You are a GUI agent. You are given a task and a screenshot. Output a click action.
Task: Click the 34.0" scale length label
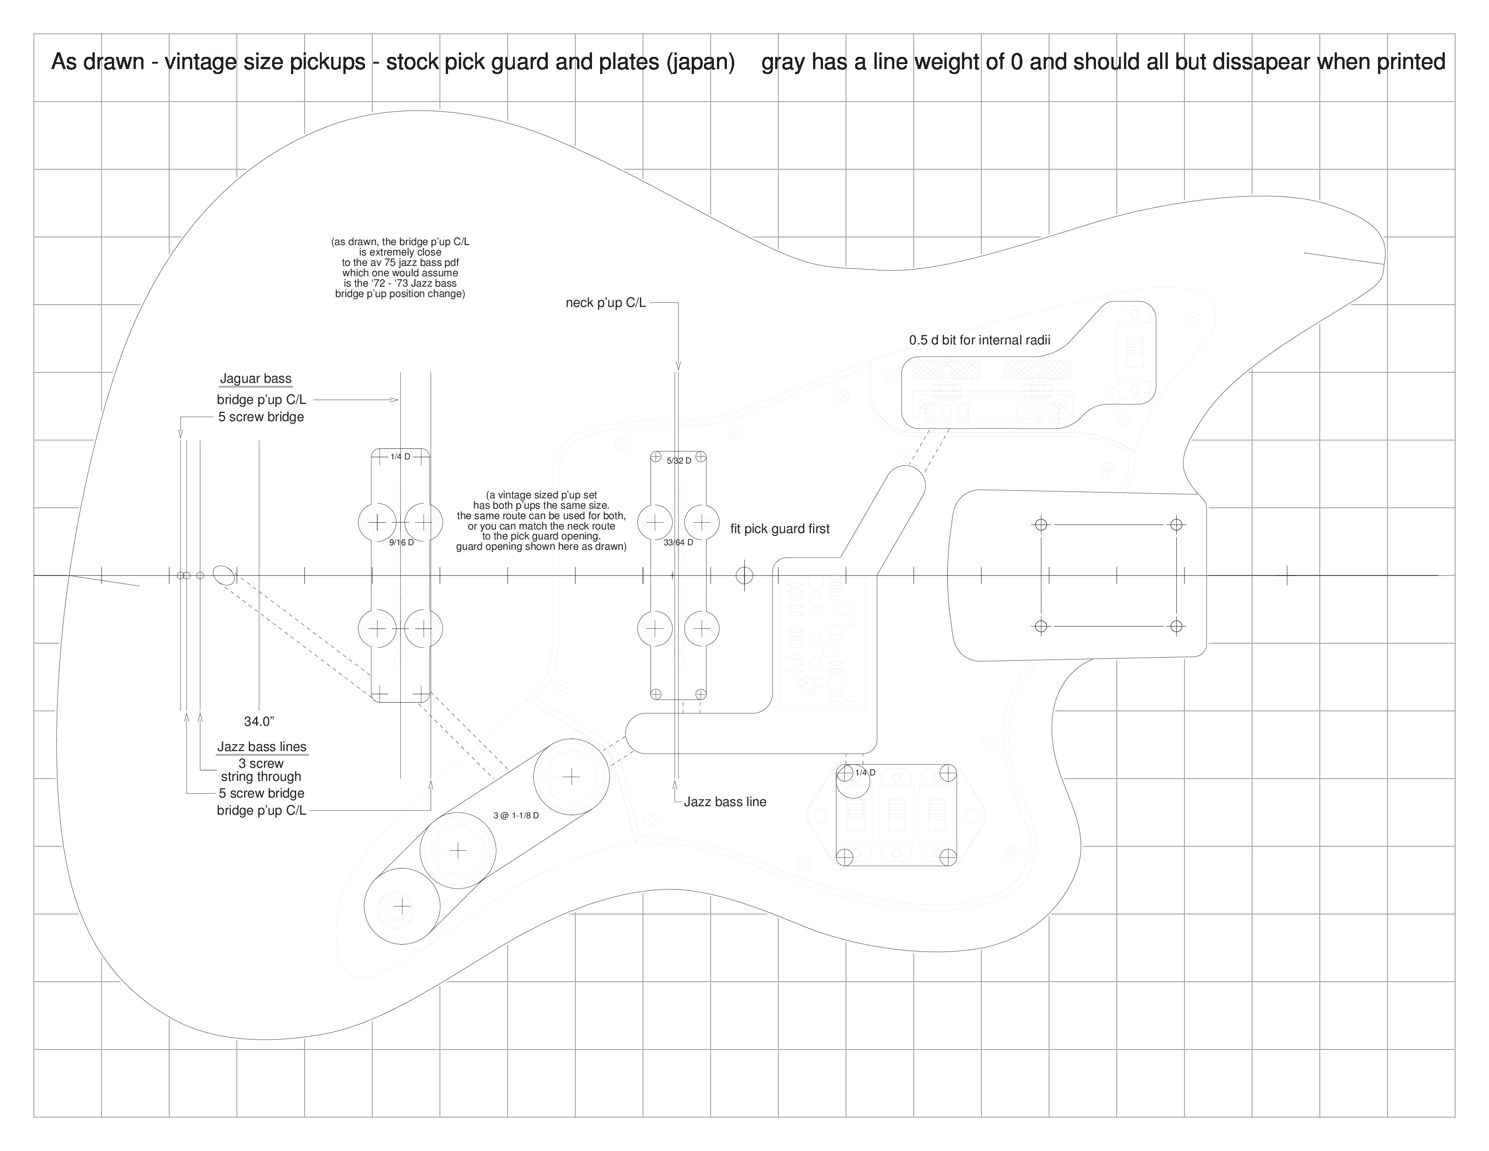click(259, 721)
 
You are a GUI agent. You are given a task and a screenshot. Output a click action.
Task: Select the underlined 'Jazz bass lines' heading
click(262, 747)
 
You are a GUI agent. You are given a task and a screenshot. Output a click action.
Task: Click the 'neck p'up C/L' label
click(606, 303)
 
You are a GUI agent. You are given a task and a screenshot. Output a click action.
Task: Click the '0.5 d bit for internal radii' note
click(980, 340)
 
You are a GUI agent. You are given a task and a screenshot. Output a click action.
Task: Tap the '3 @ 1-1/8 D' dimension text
click(516, 816)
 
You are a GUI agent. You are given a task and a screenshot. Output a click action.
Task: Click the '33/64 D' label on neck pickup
click(678, 543)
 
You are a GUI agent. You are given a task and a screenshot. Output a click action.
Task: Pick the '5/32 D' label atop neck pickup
click(679, 461)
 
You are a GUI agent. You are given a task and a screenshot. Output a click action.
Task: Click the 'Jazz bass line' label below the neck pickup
click(725, 802)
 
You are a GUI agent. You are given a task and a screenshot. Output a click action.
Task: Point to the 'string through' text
click(261, 777)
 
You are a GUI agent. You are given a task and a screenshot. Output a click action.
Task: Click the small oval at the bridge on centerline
click(224, 575)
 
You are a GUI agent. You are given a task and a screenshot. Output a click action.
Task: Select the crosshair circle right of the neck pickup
click(744, 575)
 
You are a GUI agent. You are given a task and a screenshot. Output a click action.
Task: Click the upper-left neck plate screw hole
click(1041, 524)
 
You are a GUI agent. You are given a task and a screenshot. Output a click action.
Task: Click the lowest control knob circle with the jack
click(402, 906)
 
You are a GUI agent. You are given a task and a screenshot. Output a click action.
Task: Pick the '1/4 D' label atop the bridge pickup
click(400, 457)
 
